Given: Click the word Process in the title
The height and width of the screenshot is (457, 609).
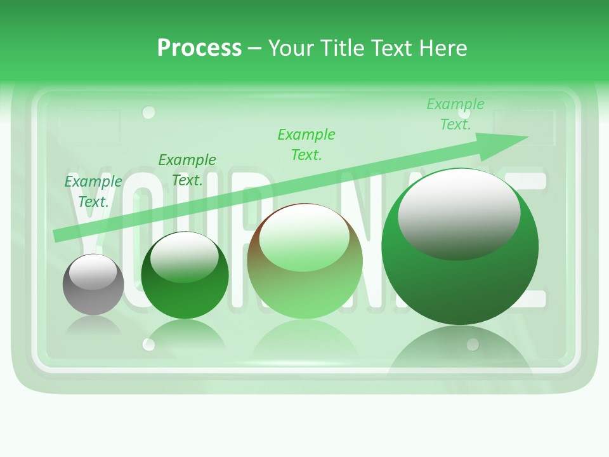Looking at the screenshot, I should [199, 48].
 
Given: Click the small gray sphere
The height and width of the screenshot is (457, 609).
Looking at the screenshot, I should [93, 285].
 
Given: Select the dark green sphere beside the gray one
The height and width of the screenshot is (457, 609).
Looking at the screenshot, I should [185, 275].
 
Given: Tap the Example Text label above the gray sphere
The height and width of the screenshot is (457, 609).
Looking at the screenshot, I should [93, 191].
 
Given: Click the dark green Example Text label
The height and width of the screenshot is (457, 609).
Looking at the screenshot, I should [187, 169].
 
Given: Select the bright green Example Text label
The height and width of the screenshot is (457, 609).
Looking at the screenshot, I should [306, 144].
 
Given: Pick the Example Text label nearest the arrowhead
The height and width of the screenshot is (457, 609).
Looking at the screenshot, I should [455, 114].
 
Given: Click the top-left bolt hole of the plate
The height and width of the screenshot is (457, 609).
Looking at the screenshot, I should [148, 112].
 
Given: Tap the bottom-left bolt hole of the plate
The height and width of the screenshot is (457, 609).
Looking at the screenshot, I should [148, 345].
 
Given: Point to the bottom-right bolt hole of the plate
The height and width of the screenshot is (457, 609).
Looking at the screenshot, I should [473, 345].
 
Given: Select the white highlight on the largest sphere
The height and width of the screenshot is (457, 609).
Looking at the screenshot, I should [459, 214].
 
